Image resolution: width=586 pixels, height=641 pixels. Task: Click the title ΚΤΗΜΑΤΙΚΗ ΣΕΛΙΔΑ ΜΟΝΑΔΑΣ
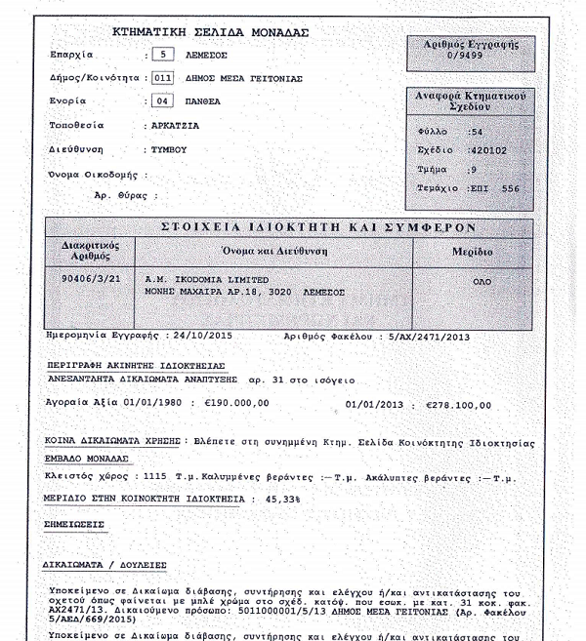tap(210, 32)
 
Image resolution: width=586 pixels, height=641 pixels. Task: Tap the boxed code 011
tap(163, 77)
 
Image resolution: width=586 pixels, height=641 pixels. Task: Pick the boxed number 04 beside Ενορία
tap(164, 100)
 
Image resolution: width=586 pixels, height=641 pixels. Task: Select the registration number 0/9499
tap(472, 56)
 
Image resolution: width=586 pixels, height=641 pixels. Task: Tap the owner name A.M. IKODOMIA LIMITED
tap(198, 278)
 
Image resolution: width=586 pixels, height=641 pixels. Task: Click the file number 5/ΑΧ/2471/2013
tap(430, 335)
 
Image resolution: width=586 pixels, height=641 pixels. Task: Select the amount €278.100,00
tap(459, 403)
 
